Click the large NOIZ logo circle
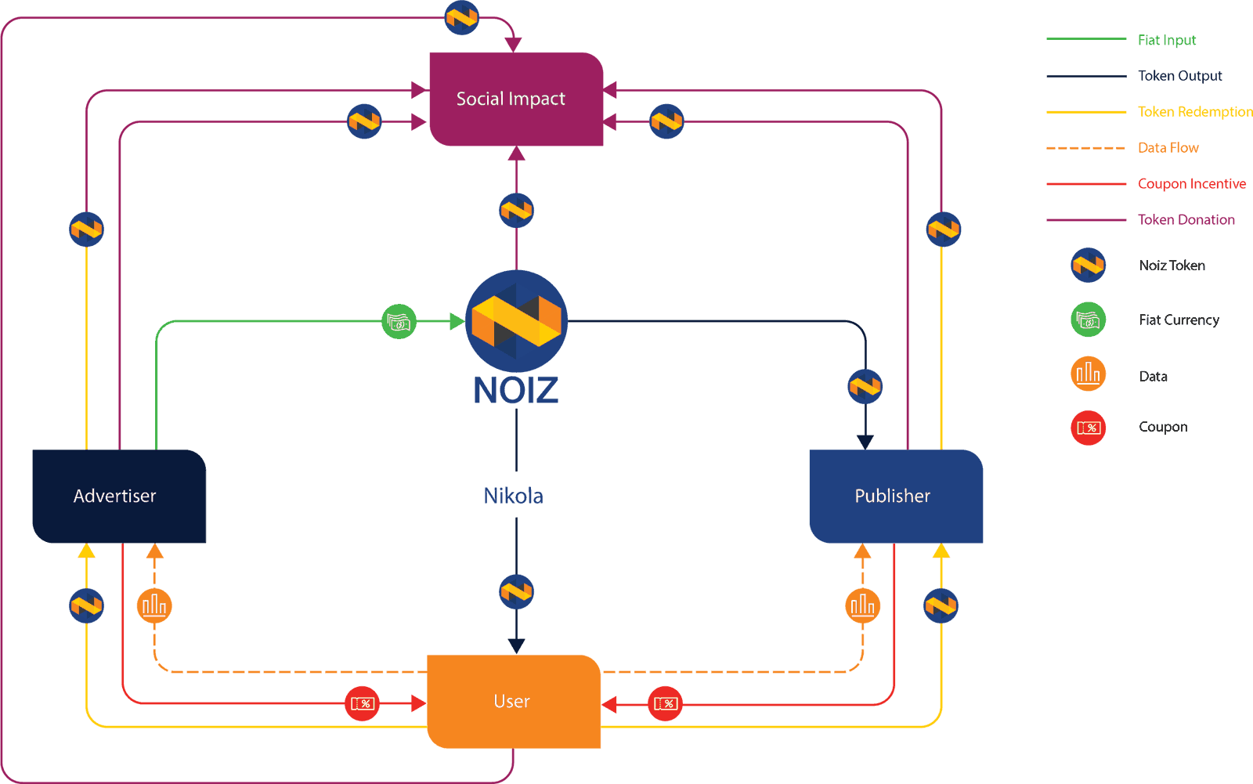click(x=516, y=321)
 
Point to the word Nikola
click(x=514, y=496)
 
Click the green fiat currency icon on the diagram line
click(x=399, y=322)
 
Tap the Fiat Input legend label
click(x=1166, y=40)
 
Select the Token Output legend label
click(x=1179, y=76)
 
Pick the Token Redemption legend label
click(x=1194, y=112)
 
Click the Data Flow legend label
click(x=1168, y=148)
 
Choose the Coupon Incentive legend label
click(x=1191, y=184)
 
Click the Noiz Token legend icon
click(x=1088, y=266)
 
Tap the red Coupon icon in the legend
click(x=1088, y=428)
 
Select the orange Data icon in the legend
click(x=1088, y=374)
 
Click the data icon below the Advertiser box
click(x=154, y=605)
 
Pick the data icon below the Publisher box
click(x=862, y=605)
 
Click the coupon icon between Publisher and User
click(x=665, y=703)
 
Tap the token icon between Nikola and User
click(x=516, y=592)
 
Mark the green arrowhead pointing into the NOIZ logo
click(x=457, y=321)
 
